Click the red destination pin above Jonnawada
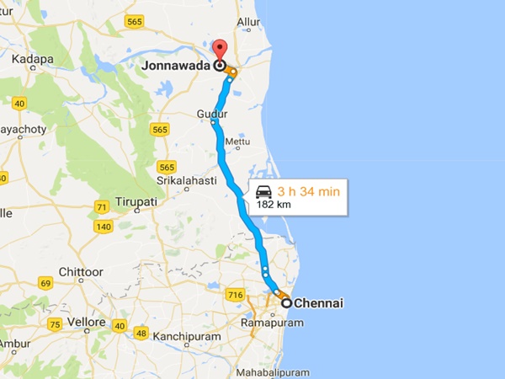coord(220,49)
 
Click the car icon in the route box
coord(264,191)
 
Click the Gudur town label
coord(211,113)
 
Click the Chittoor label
coord(82,272)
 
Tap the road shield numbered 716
coord(235,294)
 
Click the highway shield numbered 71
coord(102,207)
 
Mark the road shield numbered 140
coord(104,227)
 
